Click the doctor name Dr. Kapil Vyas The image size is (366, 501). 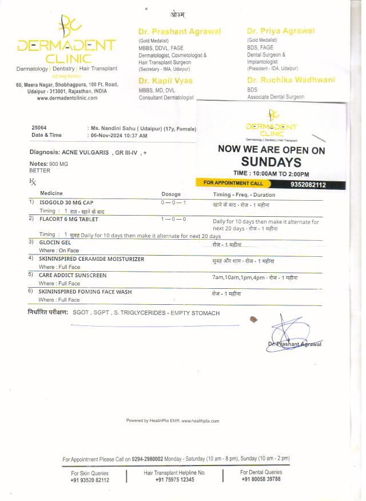click(165, 81)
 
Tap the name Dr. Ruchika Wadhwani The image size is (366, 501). click(291, 80)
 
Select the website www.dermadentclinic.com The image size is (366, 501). click(67, 98)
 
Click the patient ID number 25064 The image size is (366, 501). click(39, 128)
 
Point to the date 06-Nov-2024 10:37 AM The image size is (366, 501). click(118, 136)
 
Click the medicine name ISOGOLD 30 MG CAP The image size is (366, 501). click(66, 202)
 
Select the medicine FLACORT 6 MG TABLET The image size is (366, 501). click(69, 219)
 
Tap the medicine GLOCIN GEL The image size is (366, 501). click(54, 242)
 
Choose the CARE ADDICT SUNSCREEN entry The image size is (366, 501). click(73, 275)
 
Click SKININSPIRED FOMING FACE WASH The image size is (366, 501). click(85, 292)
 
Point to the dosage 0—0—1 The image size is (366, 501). click(174, 203)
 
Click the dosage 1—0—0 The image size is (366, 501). click(174, 219)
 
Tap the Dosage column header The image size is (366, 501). click(171, 194)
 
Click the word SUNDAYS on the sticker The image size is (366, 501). click(271, 162)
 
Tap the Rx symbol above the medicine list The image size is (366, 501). click(32, 181)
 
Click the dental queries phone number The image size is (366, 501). click(261, 479)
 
